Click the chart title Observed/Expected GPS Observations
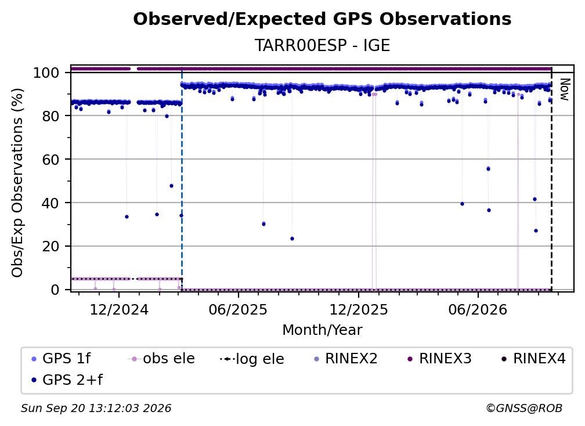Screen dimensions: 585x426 (x=322, y=19)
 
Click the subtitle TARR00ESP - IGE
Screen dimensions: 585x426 (x=322, y=45)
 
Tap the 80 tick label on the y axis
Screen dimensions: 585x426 (x=50, y=116)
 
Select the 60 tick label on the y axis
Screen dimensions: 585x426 (x=50, y=159)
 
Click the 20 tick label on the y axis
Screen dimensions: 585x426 (x=50, y=246)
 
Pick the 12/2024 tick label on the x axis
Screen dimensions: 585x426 (x=119, y=309)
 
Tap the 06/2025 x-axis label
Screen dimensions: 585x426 (x=238, y=309)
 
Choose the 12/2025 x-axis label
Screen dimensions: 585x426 (x=359, y=309)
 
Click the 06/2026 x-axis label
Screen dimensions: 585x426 (x=478, y=309)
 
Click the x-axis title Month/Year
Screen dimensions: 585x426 (x=322, y=330)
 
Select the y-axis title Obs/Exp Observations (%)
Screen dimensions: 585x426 (x=17, y=182)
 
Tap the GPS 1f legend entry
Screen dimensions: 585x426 (x=61, y=359)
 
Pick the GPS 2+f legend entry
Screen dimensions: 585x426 (x=67, y=380)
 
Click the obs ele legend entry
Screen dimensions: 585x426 (x=161, y=359)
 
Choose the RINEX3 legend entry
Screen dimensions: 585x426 (x=439, y=359)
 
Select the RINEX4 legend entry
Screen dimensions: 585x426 (x=533, y=359)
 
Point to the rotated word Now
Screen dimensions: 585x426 (x=565, y=89)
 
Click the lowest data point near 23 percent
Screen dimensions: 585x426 (x=292, y=239)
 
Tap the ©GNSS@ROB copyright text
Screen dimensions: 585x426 (x=524, y=408)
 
